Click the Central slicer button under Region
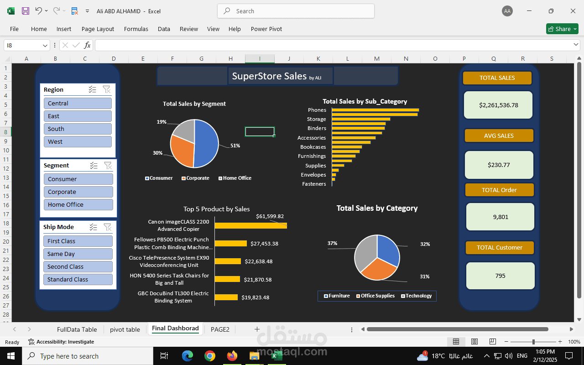(78, 104)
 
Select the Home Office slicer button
(78, 205)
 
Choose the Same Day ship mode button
(78, 254)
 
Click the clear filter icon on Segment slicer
(108, 166)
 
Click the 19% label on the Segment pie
(162, 122)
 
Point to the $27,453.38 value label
(264, 244)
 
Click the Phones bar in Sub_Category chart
(375, 110)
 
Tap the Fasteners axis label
(314, 184)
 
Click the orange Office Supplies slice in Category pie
(377, 269)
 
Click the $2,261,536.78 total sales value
(498, 105)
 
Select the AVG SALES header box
(499, 136)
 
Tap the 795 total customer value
(500, 276)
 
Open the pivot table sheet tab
(125, 329)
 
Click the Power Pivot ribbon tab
(266, 29)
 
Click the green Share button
(562, 29)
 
